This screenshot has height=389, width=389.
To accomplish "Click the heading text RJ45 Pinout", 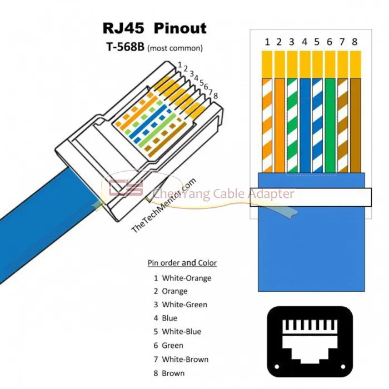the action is [x=154, y=28].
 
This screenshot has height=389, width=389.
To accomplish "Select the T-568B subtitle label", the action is [x=125, y=47].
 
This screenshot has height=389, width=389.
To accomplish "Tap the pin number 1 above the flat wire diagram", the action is [x=267, y=42].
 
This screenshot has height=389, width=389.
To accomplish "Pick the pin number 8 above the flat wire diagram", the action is [x=355, y=42].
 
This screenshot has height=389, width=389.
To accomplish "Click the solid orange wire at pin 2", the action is [x=280, y=126].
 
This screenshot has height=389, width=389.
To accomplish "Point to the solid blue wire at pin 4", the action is [x=305, y=126].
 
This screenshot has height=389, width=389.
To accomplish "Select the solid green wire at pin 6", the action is [x=330, y=126].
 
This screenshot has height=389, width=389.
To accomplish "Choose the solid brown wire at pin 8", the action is [x=355, y=126].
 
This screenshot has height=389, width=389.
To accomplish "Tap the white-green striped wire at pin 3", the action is [x=292, y=126].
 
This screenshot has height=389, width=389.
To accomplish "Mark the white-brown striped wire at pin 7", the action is [x=343, y=126].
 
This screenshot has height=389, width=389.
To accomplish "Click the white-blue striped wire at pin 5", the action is [x=317, y=126].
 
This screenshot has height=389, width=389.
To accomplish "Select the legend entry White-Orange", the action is [x=187, y=278].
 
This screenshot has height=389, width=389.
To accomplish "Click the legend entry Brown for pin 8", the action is [x=173, y=373].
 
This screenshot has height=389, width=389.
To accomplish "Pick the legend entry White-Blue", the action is [x=181, y=332].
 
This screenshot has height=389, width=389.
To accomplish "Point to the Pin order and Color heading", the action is [x=182, y=263].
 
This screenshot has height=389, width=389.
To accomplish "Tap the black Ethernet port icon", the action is [x=310, y=342].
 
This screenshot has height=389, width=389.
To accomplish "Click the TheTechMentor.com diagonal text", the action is [x=164, y=206].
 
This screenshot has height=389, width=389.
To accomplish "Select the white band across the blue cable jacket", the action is [x=311, y=197].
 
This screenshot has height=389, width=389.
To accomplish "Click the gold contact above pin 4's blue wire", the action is [x=305, y=64].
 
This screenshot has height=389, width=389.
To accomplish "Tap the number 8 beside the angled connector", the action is [x=216, y=96].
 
